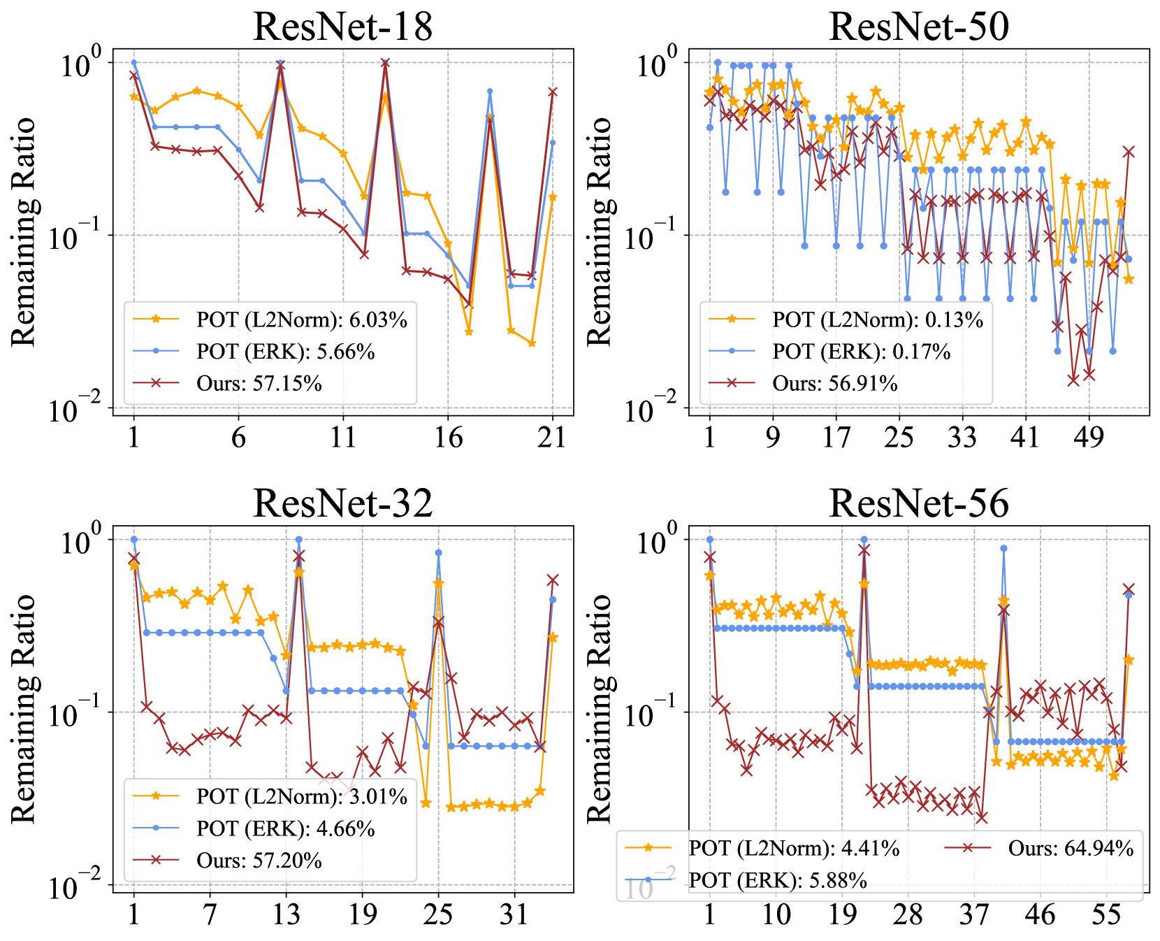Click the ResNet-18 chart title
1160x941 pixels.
pos(342,27)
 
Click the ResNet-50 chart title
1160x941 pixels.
pos(918,27)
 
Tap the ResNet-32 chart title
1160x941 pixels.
pos(342,503)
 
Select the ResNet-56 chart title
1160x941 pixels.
pos(918,503)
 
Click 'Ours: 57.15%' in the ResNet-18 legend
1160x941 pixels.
pos(259,383)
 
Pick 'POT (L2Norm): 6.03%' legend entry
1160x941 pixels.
pos(301,319)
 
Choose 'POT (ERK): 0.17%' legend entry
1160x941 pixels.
pos(861,351)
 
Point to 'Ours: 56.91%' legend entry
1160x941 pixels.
pos(834,383)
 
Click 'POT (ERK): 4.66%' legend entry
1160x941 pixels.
pos(285,828)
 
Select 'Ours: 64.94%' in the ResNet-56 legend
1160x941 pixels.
pos(1070,848)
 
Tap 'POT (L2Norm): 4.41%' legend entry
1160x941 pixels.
pos(794,848)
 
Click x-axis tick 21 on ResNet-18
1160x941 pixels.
pos(553,438)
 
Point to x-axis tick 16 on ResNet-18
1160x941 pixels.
pos(448,438)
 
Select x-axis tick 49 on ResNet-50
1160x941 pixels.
pos(1089,438)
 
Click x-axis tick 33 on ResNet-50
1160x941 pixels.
pos(962,438)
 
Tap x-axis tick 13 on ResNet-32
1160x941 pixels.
pos(286,914)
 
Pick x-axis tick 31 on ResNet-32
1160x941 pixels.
pos(514,914)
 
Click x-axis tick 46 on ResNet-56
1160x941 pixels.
pos(1040,914)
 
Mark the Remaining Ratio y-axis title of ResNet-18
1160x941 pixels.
pos(24,232)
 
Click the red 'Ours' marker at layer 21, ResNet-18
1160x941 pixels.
pos(553,92)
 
